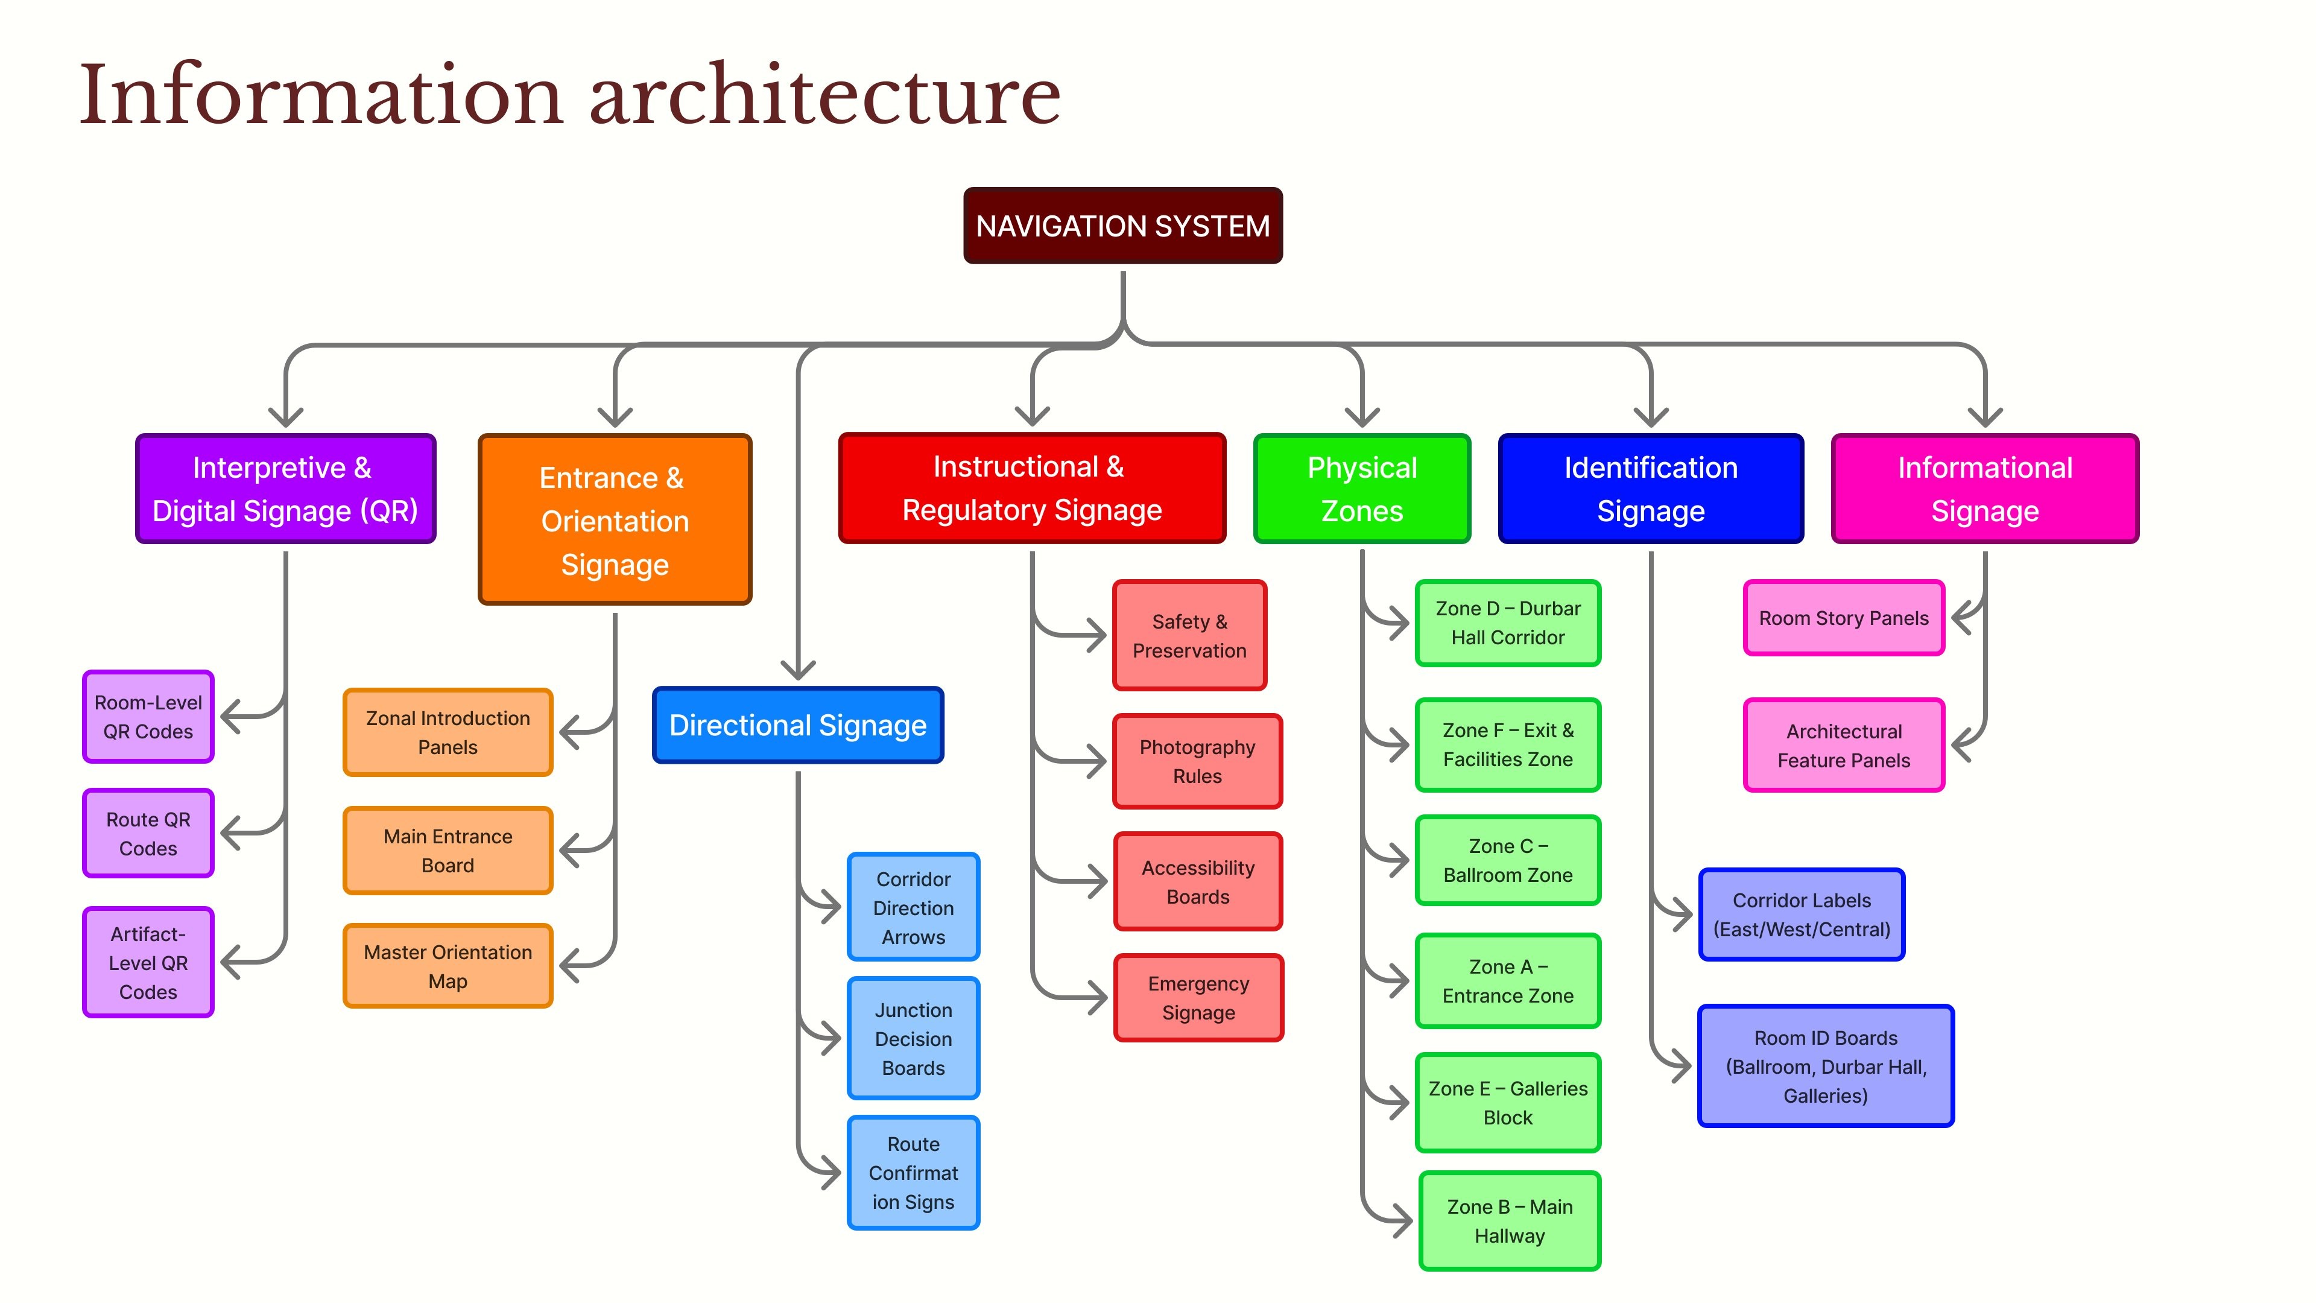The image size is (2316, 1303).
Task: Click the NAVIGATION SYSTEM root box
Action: click(x=1123, y=226)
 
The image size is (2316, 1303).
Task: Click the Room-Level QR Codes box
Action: click(x=148, y=717)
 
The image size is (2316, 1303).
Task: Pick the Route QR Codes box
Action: click(x=148, y=834)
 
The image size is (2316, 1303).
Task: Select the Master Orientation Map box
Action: click(x=448, y=966)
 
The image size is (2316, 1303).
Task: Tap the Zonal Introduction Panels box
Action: click(x=448, y=732)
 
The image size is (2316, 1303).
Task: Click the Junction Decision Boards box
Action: click(x=914, y=1039)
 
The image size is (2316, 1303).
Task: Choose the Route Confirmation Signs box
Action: click(x=914, y=1173)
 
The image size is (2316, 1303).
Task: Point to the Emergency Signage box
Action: click(x=1198, y=998)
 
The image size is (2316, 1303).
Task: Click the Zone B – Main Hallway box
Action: click(x=1510, y=1221)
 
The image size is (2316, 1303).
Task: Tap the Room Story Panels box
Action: click(x=1844, y=618)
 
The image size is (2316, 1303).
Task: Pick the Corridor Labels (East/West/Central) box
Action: click(x=1802, y=915)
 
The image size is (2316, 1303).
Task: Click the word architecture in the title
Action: click(x=824, y=95)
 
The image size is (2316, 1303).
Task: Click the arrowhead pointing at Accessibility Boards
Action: click(x=1097, y=881)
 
